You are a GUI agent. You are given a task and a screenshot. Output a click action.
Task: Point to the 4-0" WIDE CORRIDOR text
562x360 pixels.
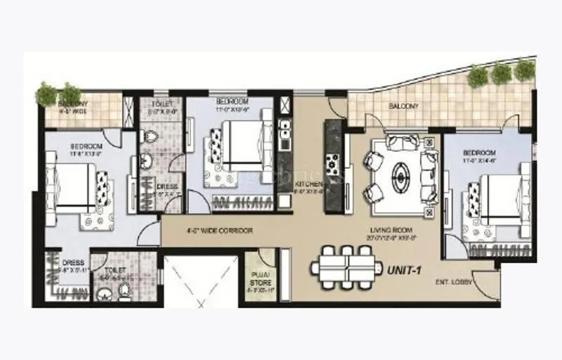pos(220,231)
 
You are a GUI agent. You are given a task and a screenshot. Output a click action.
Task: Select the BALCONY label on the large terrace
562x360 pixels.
pos(404,107)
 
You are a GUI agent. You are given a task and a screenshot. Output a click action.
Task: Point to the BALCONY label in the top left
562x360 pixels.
pos(54,104)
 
